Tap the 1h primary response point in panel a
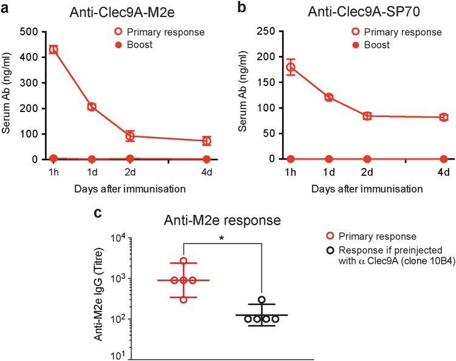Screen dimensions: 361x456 tap(53, 49)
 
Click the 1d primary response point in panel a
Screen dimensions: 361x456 tap(92, 107)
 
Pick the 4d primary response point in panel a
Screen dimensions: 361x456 tap(207, 141)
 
